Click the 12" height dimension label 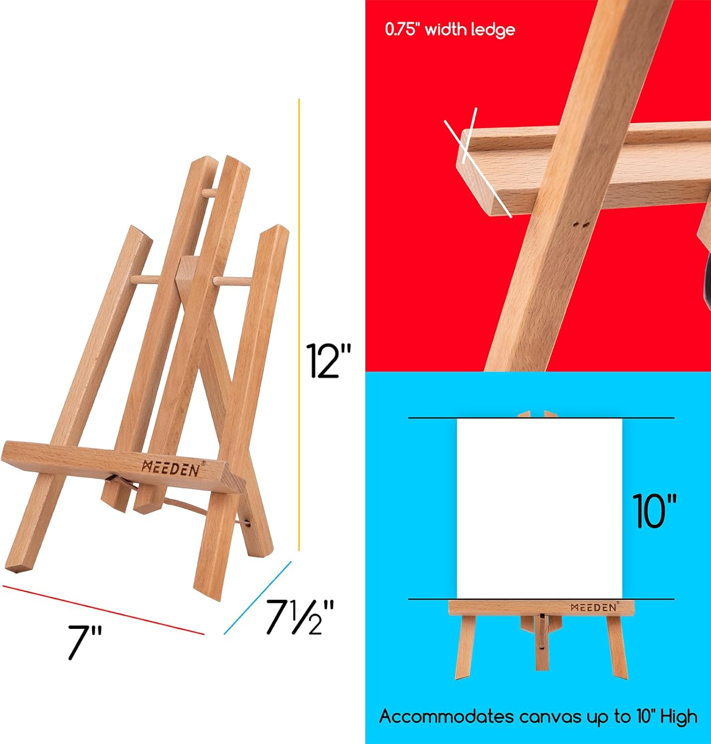click(x=328, y=361)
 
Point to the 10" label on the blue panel click(x=654, y=511)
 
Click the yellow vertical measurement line click(x=299, y=322)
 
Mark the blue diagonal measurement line click(x=257, y=598)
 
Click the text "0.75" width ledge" click(x=450, y=30)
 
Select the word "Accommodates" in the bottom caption click(x=447, y=717)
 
